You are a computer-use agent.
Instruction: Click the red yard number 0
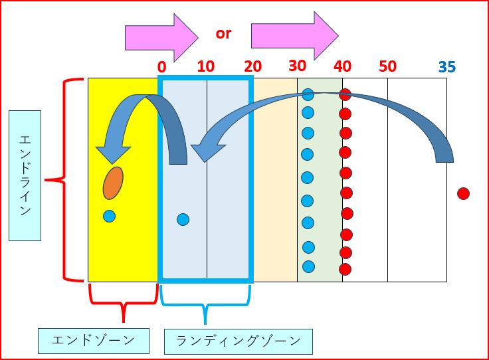coord(161,66)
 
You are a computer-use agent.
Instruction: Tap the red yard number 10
coord(206,66)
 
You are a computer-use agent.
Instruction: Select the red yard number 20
coord(252,66)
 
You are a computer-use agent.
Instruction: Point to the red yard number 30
coord(298,66)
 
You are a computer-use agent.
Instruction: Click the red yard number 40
coord(342,66)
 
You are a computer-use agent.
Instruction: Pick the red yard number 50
coord(387,66)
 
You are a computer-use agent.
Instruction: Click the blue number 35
coord(447,67)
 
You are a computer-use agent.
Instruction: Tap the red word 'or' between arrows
coord(223,33)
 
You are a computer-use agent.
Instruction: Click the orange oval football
coord(113,183)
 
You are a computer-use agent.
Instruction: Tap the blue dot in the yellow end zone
coord(110,216)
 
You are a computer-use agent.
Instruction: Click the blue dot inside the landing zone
coord(183,219)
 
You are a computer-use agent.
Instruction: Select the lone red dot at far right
coord(463,194)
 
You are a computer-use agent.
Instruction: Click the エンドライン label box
coord(25,175)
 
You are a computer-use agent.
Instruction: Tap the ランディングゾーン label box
coord(238,341)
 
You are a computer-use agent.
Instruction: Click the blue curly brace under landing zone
coord(205,306)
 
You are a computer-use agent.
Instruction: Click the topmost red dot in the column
coord(345,95)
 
